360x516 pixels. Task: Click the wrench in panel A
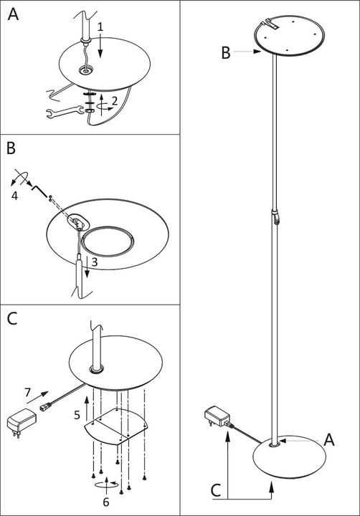coord(65,112)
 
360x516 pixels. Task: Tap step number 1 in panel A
coord(100,27)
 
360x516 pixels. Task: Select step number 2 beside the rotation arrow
coord(114,101)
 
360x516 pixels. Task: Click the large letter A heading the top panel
coord(13,14)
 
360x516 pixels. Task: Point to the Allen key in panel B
coord(39,191)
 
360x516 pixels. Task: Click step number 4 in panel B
coord(14,196)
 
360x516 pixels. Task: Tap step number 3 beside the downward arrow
coord(95,262)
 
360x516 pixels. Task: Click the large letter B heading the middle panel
coord(11,148)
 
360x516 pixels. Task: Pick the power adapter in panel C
coord(22,422)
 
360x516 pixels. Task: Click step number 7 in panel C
coord(28,392)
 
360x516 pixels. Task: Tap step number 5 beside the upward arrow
coord(77,415)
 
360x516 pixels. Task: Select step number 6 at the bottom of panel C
coord(105,502)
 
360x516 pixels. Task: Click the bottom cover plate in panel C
coord(117,426)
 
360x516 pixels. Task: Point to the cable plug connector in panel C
coord(45,408)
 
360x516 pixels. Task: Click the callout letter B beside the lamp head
coord(226,52)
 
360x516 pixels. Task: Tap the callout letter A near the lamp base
coord(329,439)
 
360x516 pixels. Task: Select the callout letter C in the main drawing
coord(215,490)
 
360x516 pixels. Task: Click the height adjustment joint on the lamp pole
coord(276,216)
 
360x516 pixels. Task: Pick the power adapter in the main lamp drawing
coord(217,416)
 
